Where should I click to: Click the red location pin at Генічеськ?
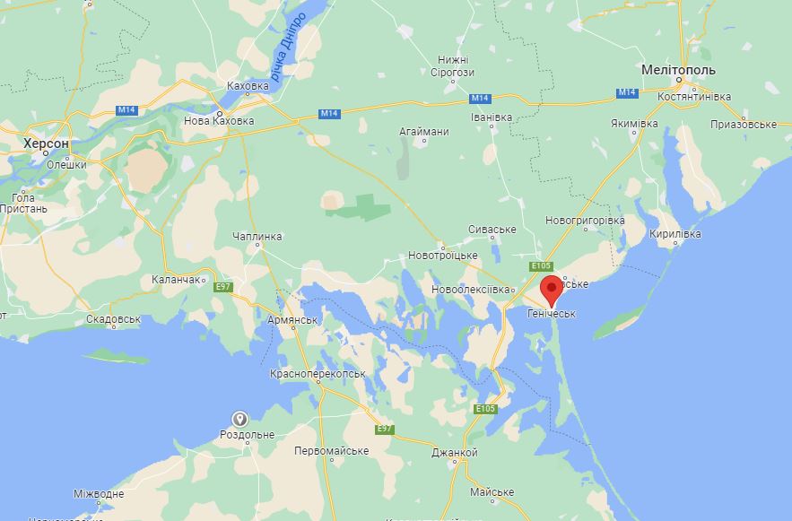553,290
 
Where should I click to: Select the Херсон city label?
46,143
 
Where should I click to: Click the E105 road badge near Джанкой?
485,409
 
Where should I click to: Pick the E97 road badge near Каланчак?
223,286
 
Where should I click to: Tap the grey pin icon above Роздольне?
240,419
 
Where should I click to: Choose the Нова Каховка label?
218,120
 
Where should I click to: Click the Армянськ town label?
293,320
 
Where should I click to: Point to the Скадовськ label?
114,318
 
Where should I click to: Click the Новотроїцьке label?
443,256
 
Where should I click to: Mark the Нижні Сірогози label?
452,65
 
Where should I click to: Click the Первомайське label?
332,450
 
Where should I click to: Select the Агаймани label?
424,132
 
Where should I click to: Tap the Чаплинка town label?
257,236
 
